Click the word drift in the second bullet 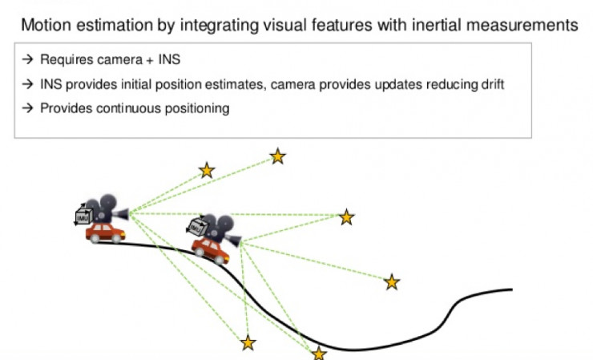click(487, 84)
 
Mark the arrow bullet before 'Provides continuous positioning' click(26, 108)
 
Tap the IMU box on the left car click(83, 216)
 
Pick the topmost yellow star click(277, 156)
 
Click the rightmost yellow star click(391, 281)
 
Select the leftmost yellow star click(207, 170)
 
